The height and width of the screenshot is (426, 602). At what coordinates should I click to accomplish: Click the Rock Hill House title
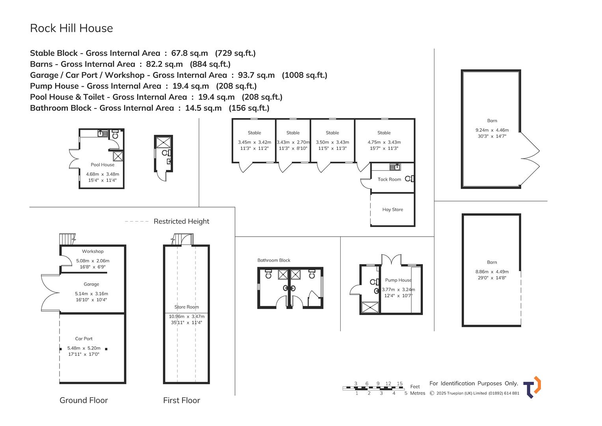pos(71,28)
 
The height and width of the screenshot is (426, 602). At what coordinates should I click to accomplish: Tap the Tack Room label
pos(389,179)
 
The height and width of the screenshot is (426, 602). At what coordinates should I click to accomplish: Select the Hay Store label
pos(392,210)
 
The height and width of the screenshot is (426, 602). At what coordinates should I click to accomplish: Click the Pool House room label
pos(103,165)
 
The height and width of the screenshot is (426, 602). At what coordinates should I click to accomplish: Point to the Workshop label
pos(93,252)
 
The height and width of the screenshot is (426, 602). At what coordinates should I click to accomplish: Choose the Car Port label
pos(84,339)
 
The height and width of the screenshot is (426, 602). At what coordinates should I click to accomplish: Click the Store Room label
pos(186,307)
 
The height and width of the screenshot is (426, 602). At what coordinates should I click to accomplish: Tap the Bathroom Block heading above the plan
pos(274,260)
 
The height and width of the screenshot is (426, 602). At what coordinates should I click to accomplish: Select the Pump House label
pos(398,280)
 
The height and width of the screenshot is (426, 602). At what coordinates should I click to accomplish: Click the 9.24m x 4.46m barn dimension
pos(492,130)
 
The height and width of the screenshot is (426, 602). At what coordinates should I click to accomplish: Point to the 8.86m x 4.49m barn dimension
pos(492,272)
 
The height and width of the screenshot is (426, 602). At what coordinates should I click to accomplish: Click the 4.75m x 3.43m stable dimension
pos(384,142)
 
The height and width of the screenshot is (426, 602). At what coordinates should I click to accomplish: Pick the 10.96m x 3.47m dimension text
pos(186,317)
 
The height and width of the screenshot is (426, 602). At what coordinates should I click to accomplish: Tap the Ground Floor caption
pos(84,400)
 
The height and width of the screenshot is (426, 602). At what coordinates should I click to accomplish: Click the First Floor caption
pos(181,400)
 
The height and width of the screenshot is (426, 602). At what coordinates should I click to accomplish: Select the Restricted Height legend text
pos(181,222)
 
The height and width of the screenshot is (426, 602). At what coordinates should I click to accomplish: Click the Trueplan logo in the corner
pos(532,387)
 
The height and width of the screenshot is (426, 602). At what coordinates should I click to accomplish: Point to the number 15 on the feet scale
pos(399,384)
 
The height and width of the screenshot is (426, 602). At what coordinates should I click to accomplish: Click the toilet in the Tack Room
pos(409,179)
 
